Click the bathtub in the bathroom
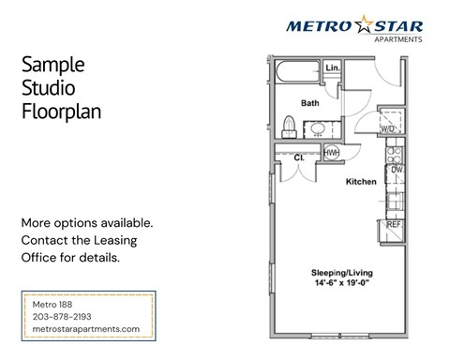pos(295,73)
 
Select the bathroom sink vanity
pos(318,130)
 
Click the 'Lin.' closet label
pos(332,68)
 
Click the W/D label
pos(387,127)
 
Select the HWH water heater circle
pos(331,153)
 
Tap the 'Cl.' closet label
pos(298,157)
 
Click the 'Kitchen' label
pos(361,180)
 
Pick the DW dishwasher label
pos(397,171)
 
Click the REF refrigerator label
pos(395,225)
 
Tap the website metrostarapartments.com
pos(85,328)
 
